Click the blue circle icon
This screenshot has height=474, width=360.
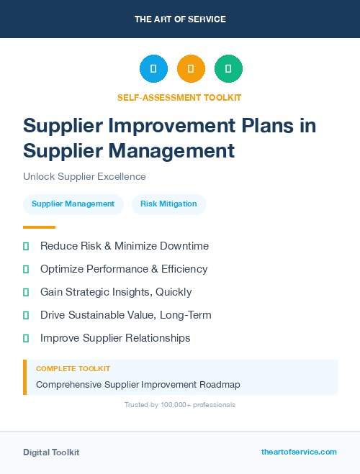coord(153,69)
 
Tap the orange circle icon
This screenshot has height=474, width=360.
coord(191,69)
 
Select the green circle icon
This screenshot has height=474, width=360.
coord(228,69)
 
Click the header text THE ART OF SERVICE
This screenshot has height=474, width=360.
coord(180,19)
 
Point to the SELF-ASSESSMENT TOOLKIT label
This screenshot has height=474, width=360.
coord(179,97)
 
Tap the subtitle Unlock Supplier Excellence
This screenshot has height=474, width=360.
coord(84,176)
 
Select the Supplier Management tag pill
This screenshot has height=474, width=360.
coord(73,204)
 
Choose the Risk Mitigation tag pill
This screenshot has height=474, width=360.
coord(168,204)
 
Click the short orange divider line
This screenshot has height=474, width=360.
coord(39,227)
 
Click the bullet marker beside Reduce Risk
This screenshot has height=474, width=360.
coord(26,246)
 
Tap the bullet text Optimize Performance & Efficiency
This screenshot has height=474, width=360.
coord(124,269)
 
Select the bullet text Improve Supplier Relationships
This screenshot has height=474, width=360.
coord(115,338)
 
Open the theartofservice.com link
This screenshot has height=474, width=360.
coord(299,452)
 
